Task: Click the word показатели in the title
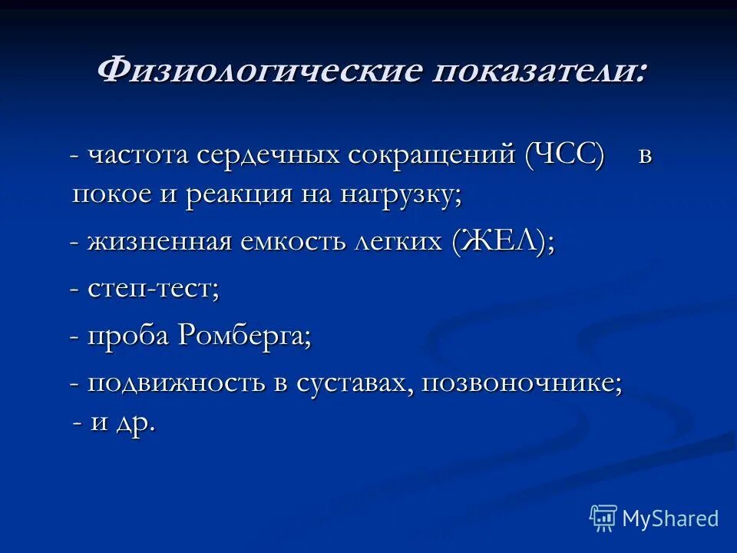point(537,71)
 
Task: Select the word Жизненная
point(159,243)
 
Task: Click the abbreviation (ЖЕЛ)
point(502,243)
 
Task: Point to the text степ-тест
point(154,290)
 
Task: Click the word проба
point(128,336)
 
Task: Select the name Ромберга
point(244,336)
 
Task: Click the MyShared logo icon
point(603,518)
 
